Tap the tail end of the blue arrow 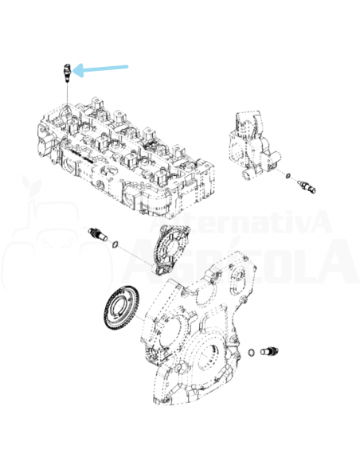click(127, 67)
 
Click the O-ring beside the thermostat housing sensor click(288, 177)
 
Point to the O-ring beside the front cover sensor click(252, 351)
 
